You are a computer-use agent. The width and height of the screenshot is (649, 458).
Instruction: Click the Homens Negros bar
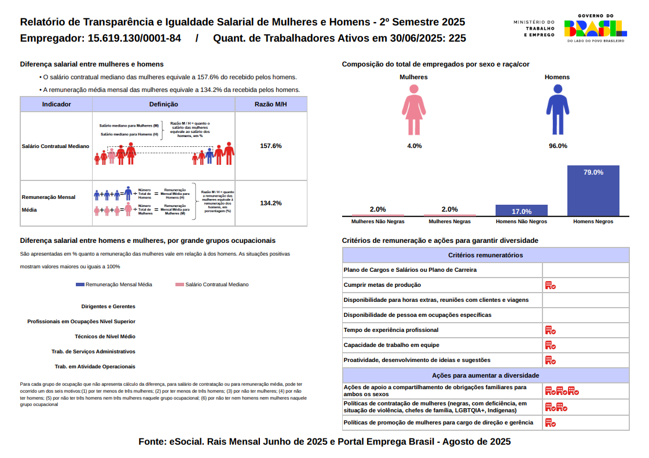593,191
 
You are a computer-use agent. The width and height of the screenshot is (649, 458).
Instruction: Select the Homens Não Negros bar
521,210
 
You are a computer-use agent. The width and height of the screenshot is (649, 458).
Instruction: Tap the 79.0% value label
593,172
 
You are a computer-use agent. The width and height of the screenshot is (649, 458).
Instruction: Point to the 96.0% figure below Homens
558,146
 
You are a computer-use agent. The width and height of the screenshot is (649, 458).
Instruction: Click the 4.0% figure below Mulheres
414,146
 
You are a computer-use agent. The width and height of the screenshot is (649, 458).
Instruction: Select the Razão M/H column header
270,104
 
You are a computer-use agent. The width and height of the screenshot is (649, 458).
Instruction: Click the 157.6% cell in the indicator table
270,146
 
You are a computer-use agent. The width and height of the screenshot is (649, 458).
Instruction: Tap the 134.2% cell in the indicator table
270,203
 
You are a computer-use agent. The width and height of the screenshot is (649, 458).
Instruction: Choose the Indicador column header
56,104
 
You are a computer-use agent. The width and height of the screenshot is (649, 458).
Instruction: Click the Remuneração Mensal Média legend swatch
80,285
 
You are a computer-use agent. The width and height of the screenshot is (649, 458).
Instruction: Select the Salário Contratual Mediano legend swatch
179,285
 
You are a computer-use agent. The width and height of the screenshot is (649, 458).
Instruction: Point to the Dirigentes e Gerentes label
108,306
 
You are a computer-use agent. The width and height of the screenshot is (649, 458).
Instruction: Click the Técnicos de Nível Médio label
105,337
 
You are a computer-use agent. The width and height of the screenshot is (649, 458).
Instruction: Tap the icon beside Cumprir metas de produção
550,285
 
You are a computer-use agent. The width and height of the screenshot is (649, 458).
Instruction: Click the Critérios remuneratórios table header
485,255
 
